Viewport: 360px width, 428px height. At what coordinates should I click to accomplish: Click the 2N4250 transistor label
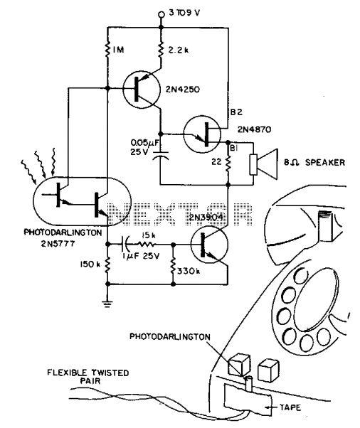point(182,90)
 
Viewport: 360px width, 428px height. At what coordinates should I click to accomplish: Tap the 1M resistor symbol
point(107,48)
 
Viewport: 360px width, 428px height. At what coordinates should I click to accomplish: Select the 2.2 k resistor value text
point(178,50)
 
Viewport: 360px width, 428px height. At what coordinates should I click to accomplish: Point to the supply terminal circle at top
point(162,14)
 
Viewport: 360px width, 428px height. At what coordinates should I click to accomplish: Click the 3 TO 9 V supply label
point(184,13)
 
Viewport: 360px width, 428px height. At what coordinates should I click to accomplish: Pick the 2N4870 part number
point(254,129)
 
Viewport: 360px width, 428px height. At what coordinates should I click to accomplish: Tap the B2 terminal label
point(236,112)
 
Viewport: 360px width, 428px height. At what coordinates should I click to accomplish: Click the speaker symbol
point(264,164)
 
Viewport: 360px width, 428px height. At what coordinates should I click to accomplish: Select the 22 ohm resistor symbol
point(228,162)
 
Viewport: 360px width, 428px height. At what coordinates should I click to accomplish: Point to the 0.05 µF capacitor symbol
point(160,154)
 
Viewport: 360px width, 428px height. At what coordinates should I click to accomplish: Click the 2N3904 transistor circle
point(209,244)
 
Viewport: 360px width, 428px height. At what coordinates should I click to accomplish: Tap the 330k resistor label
point(189,271)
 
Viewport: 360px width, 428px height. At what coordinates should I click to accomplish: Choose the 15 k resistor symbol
point(147,244)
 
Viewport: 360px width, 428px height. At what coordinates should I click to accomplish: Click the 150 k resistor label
point(90,264)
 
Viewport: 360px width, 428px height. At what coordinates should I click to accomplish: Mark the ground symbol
point(107,304)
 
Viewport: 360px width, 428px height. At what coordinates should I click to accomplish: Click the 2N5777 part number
point(58,243)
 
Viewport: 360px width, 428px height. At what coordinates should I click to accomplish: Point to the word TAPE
point(290,407)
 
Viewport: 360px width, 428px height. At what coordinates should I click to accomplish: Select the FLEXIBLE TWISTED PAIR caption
point(88,377)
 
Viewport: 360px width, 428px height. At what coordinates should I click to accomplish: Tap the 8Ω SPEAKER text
point(314,162)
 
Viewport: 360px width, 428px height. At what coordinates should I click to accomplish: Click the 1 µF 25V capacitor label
point(141,257)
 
